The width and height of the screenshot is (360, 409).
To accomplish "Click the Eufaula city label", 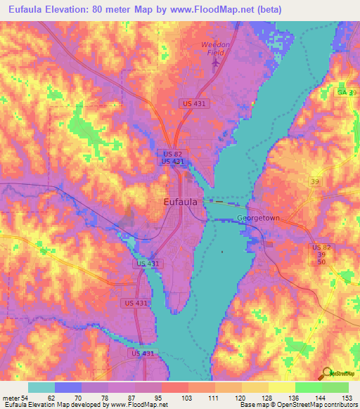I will click(x=179, y=202).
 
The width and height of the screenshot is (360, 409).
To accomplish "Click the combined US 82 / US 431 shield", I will click(x=172, y=157).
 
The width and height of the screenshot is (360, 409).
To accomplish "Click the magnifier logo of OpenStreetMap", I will click(x=326, y=374).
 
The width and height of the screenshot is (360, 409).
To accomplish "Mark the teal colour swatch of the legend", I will click(x=41, y=388).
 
